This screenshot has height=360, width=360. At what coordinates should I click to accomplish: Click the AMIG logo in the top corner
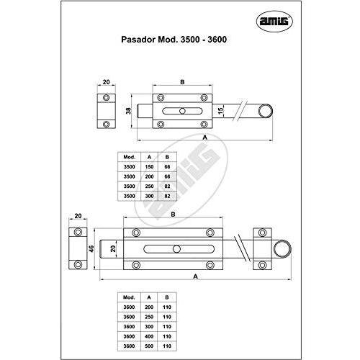coord(275,22)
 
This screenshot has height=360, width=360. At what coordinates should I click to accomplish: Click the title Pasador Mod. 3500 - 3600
coord(174,40)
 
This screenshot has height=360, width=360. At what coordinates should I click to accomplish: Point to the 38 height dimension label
coord(129,111)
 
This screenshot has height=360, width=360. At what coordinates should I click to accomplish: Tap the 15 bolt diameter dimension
coord(220,110)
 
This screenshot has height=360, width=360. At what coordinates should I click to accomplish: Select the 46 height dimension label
coord(91,248)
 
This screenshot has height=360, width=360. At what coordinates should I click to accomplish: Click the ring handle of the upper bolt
coord(266,112)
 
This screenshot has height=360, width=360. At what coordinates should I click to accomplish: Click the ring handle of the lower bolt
coord(283,249)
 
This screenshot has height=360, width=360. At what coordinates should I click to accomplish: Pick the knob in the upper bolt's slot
coord(182,111)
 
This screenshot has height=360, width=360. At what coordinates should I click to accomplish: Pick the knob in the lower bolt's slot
coord(176,249)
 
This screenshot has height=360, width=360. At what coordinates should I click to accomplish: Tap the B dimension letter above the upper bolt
coord(182,82)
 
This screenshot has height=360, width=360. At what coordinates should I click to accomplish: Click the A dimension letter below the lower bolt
coord(196,276)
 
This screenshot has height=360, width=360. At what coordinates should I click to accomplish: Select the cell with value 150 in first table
coord(149,167)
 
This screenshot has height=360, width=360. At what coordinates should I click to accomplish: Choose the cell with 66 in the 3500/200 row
coord(167,176)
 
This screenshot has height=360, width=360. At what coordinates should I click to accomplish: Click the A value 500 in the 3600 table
coord(149,346)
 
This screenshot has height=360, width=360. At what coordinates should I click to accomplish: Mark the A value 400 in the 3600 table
coord(149,336)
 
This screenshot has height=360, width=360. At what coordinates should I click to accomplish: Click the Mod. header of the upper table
coord(130,157)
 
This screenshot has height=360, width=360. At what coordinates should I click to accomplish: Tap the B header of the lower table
coord(167,297)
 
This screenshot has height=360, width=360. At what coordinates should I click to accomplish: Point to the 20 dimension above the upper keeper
coord(106,82)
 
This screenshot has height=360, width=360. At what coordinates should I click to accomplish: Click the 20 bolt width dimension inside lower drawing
coord(113,248)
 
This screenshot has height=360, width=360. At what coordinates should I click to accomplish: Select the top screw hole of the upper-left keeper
coord(106,98)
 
